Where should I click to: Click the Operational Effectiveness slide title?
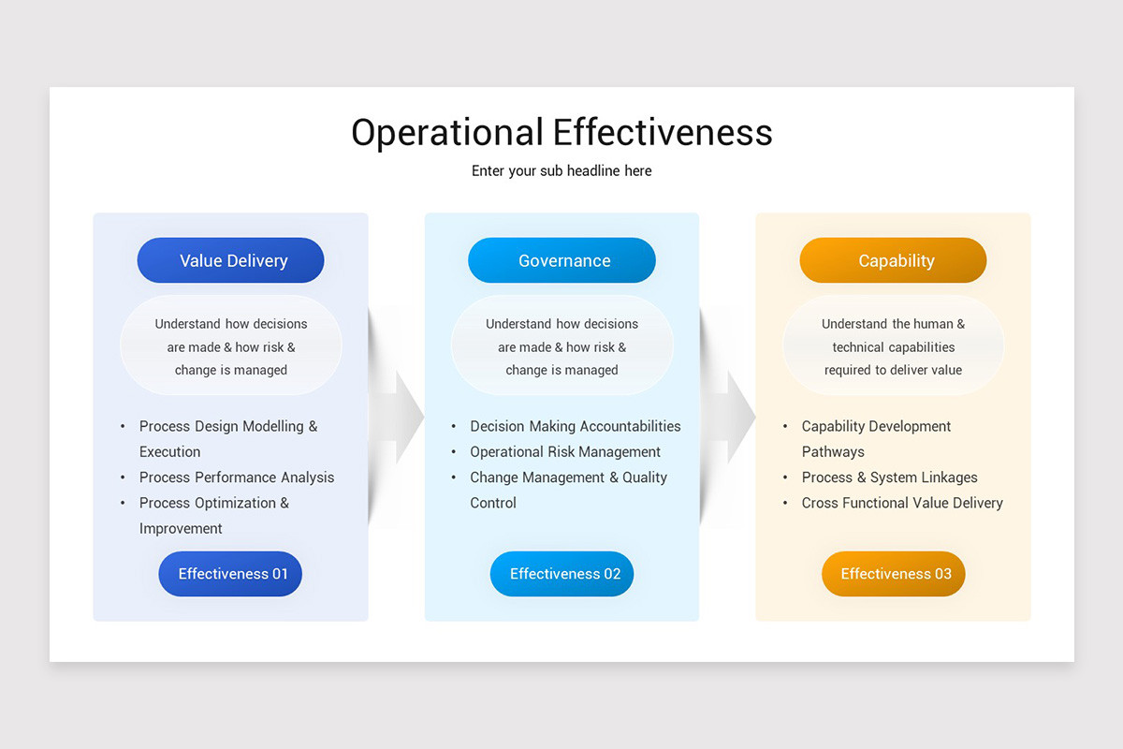click(561, 132)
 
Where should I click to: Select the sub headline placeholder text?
click(561, 170)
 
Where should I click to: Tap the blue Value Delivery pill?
click(231, 260)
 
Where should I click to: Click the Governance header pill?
click(562, 260)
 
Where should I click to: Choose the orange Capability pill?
click(894, 260)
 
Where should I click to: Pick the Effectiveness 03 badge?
click(894, 574)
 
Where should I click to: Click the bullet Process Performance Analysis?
click(236, 477)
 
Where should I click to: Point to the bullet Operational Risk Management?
click(565, 452)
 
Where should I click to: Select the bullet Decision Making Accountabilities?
click(575, 426)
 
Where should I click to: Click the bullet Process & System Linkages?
click(889, 477)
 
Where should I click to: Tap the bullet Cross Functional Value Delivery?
click(901, 503)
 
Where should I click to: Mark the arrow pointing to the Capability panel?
click(736, 417)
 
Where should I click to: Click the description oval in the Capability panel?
click(894, 346)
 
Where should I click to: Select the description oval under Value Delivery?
click(231, 346)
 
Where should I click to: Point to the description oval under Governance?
click(562, 346)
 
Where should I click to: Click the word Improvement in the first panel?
click(181, 529)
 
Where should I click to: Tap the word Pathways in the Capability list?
click(833, 452)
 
